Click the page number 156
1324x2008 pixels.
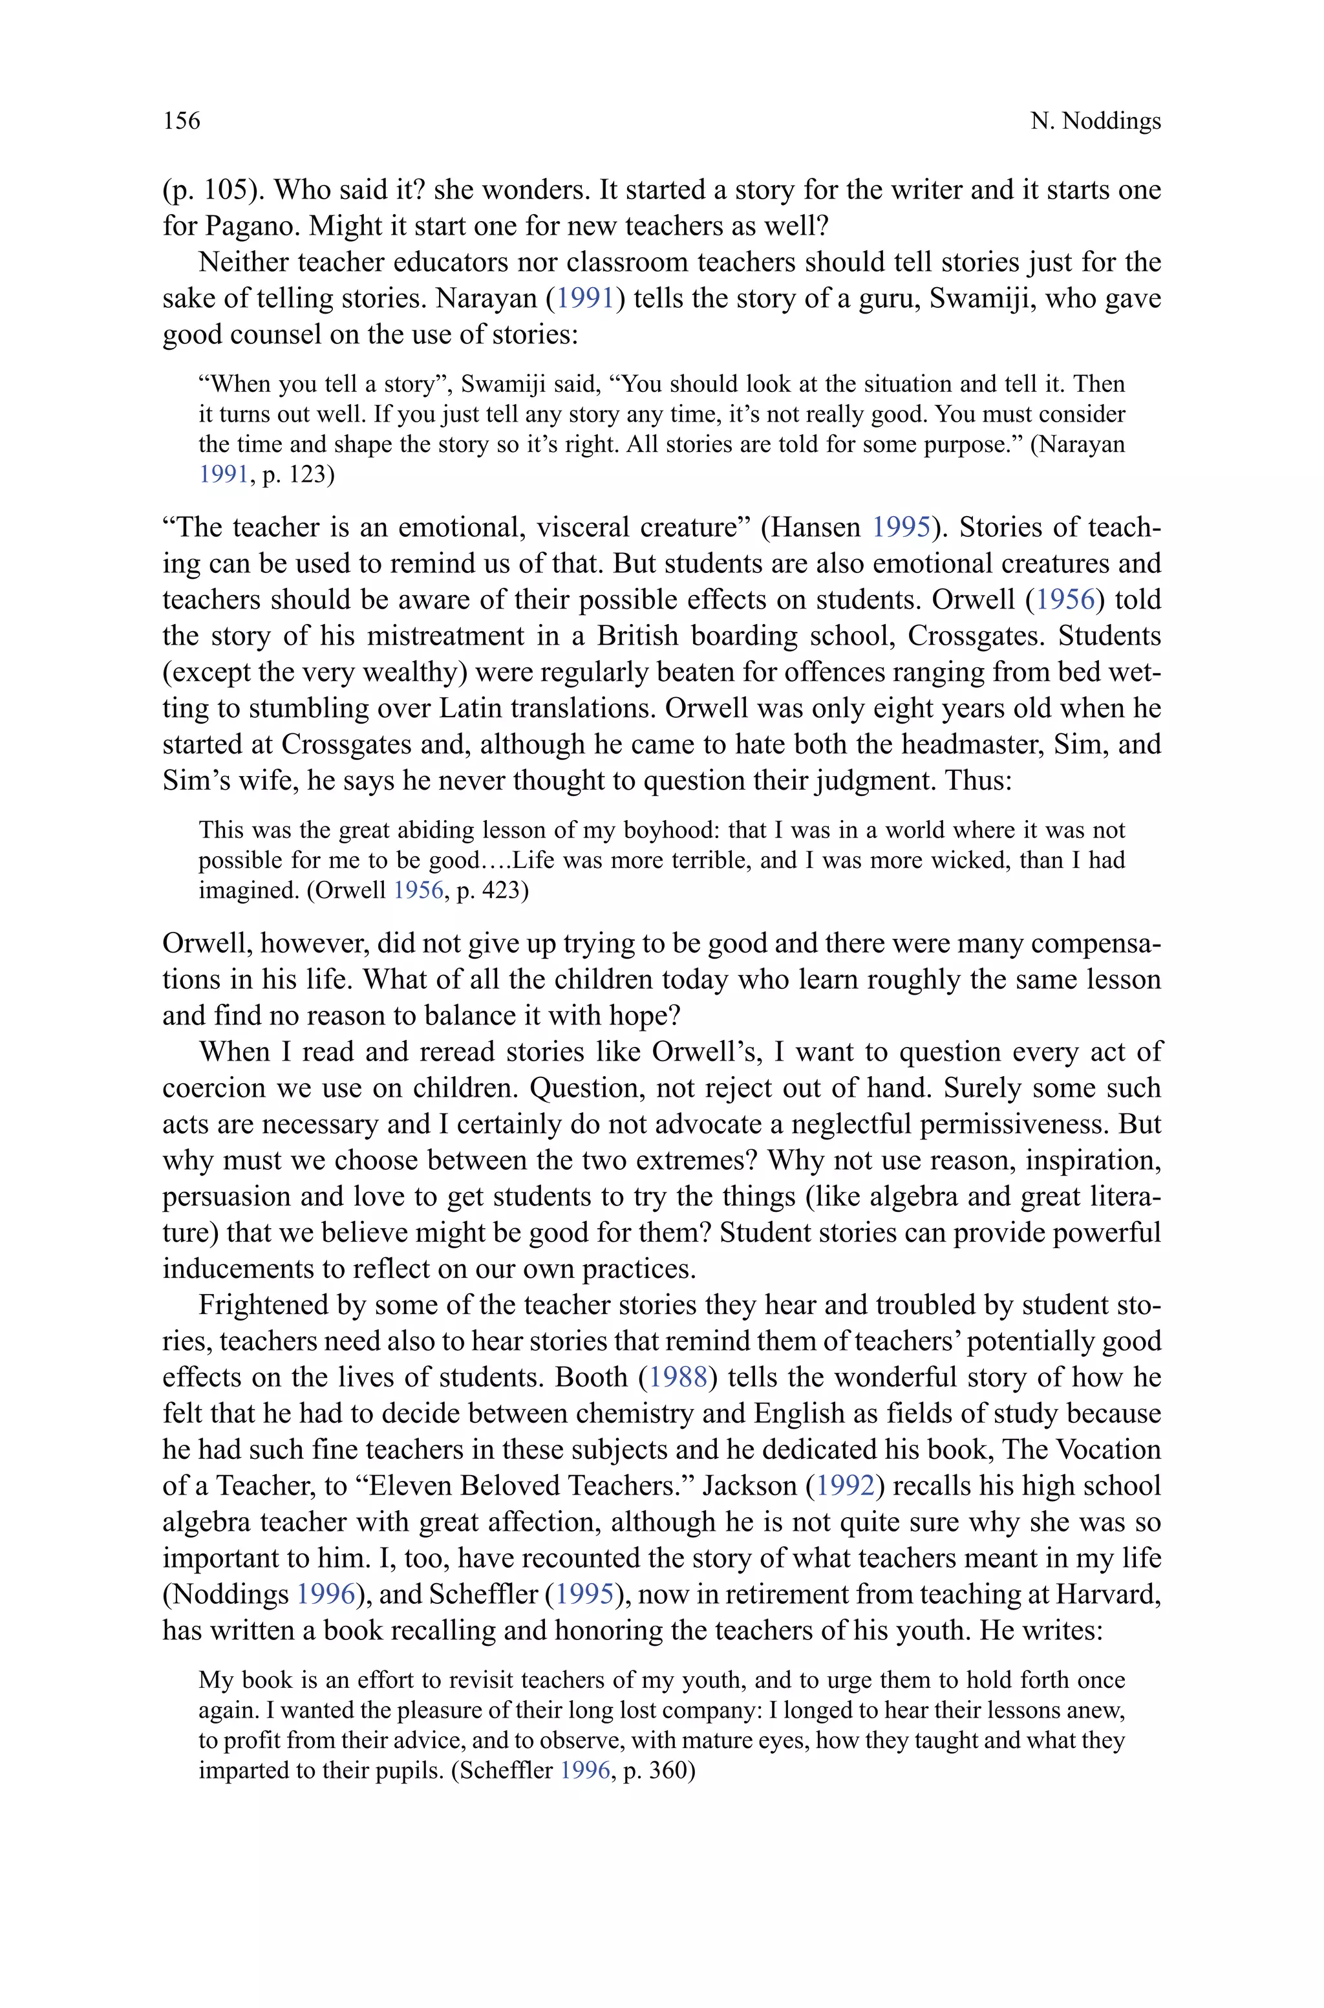(182, 121)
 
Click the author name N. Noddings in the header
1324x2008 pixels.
(1095, 122)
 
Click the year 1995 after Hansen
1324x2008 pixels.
(900, 528)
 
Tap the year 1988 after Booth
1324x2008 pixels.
(676, 1378)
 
